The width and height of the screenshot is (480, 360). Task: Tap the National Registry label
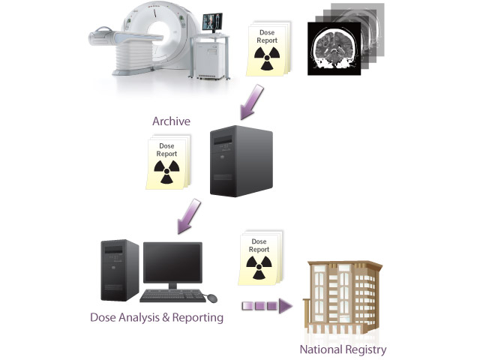pyautogui.click(x=343, y=349)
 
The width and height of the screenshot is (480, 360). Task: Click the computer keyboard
pyautogui.click(x=171, y=294)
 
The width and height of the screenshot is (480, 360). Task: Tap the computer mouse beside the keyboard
pyautogui.click(x=212, y=298)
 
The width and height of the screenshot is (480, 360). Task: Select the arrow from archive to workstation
pyautogui.click(x=187, y=215)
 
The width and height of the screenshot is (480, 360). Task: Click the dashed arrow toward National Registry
pyautogui.click(x=266, y=306)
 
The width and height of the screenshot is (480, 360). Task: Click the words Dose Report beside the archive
pyautogui.click(x=166, y=149)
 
